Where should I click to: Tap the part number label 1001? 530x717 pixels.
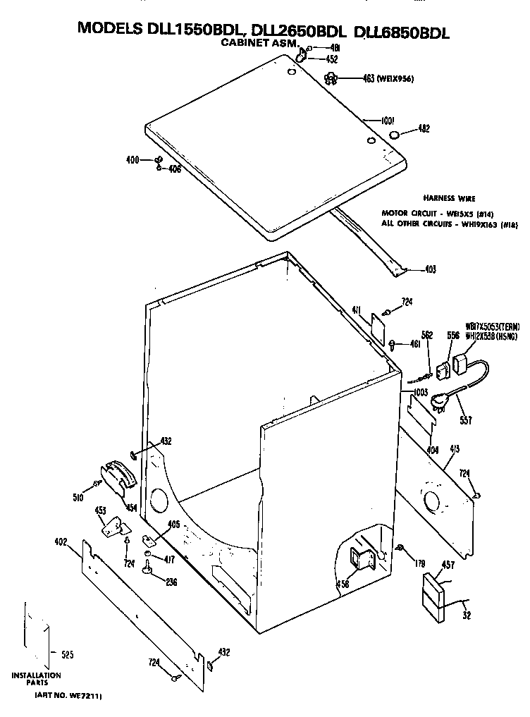click(x=386, y=121)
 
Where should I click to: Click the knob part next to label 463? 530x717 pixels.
click(x=331, y=78)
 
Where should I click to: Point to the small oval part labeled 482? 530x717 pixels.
click(x=395, y=135)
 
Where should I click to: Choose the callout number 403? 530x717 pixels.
click(x=430, y=269)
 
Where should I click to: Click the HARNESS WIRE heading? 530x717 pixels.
click(x=448, y=199)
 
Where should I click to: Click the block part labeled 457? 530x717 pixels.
click(x=435, y=598)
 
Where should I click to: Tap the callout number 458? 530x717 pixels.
click(x=343, y=584)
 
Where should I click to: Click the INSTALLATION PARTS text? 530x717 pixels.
click(x=35, y=680)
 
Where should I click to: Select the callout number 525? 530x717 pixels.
click(x=67, y=655)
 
